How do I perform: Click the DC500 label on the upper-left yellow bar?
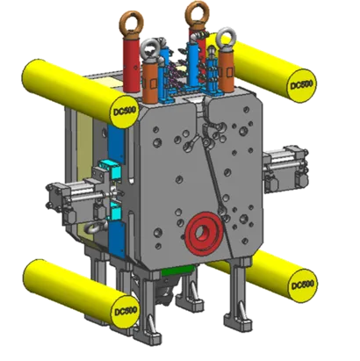coord(125,111)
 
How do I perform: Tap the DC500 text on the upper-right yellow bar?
coord(301,85)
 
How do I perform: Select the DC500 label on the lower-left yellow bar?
coord(126,311)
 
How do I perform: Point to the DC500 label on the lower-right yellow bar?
coord(302,285)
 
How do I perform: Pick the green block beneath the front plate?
coord(177,271)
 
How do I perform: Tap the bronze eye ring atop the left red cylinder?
coord(133,22)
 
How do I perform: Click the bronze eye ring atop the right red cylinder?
coord(198,14)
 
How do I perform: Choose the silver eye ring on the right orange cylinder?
coord(227,40)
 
